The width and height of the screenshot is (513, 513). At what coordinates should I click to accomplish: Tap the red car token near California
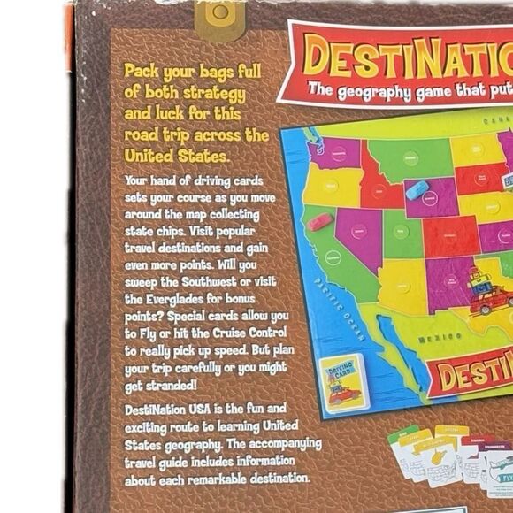tap(320, 220)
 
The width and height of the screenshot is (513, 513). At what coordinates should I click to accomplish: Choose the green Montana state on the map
tap(409, 158)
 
